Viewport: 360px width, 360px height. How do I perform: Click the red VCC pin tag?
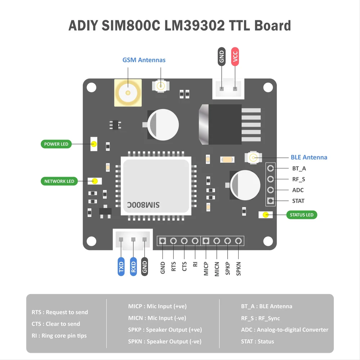pos(235,56)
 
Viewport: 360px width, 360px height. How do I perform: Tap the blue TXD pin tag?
pos(121,267)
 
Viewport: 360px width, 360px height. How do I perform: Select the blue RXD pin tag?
pos(133,267)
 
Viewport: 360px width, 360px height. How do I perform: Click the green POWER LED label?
pos(56,144)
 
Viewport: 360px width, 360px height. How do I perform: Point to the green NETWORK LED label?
pos(59,181)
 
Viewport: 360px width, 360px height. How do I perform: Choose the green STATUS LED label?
pos(302,215)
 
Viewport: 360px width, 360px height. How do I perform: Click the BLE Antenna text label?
pos(309,157)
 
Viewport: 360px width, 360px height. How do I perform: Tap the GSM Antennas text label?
pos(144,60)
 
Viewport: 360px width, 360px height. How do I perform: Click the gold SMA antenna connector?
pos(128,93)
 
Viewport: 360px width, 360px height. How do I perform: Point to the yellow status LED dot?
pos(266,215)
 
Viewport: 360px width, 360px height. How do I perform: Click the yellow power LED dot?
pos(94,144)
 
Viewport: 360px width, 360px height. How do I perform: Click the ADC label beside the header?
pos(298,190)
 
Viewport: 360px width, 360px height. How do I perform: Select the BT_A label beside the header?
pos(299,168)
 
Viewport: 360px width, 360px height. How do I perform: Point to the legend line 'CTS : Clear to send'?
pos(56,324)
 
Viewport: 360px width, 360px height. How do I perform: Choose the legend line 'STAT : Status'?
pos(257,341)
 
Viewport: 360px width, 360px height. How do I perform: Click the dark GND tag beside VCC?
pos(222,56)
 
